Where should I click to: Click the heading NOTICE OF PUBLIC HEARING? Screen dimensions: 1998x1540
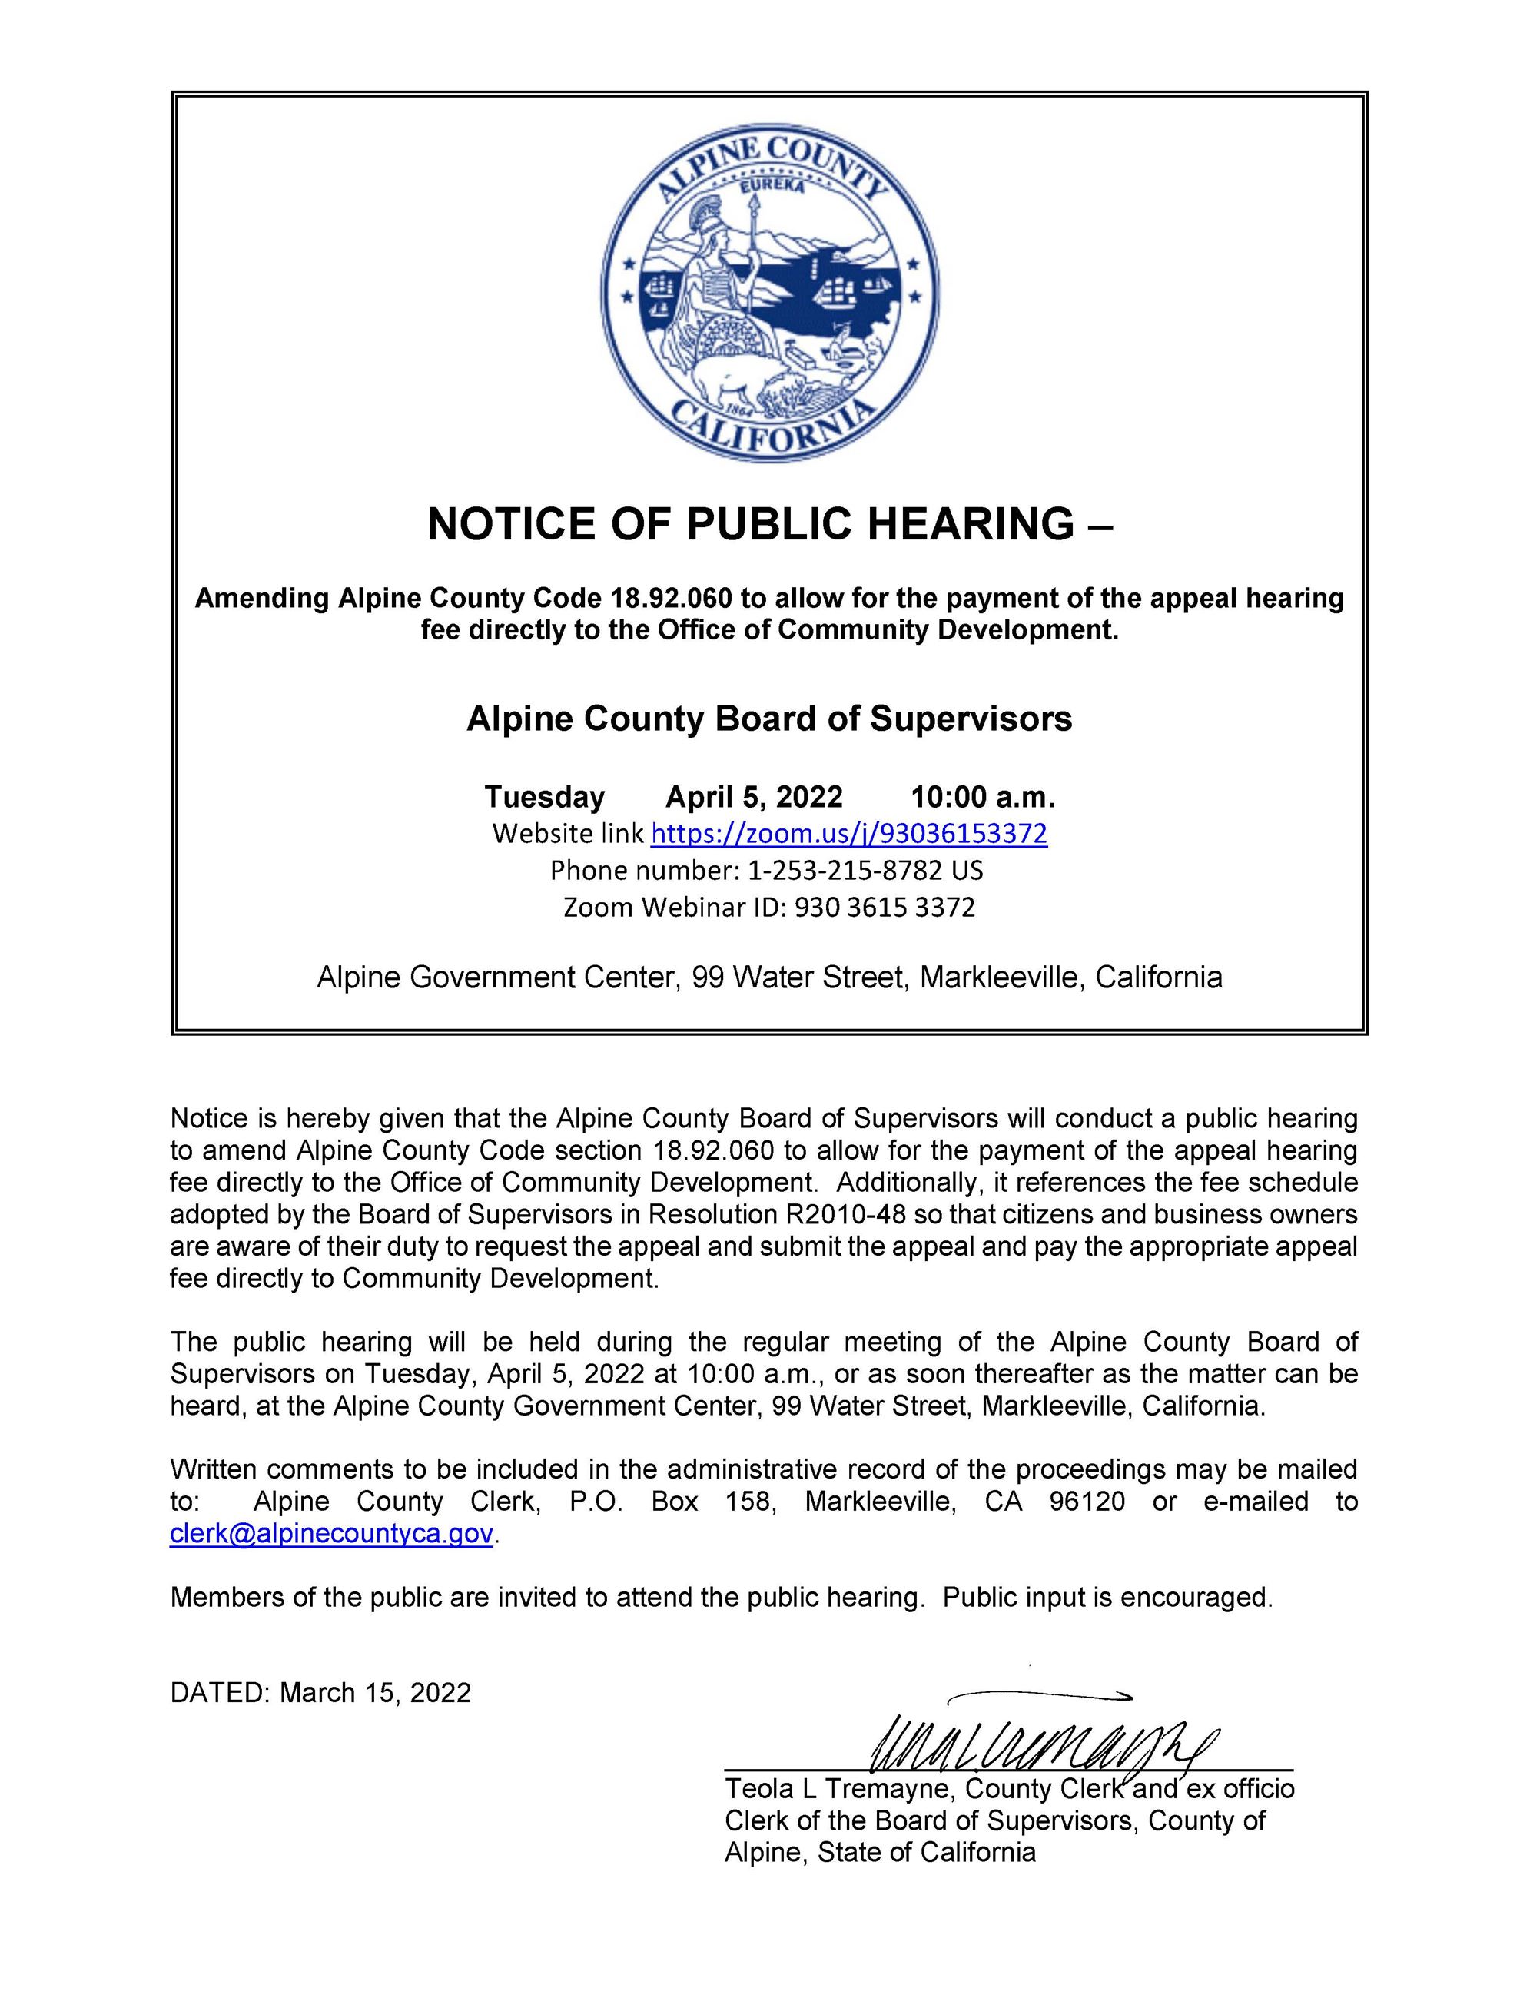(769, 524)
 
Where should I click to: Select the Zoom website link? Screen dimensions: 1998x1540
(848, 834)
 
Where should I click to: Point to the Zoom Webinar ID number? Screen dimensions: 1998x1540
(884, 907)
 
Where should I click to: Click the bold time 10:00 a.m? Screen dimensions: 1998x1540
(984, 797)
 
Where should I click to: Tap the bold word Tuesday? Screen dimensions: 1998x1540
(544, 797)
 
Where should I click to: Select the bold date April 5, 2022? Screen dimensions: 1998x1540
(753, 797)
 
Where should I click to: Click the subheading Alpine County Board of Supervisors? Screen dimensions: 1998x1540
(769, 719)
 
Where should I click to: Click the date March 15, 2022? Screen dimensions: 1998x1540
(375, 1692)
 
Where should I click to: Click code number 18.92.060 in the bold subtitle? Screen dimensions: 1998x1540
(671, 599)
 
